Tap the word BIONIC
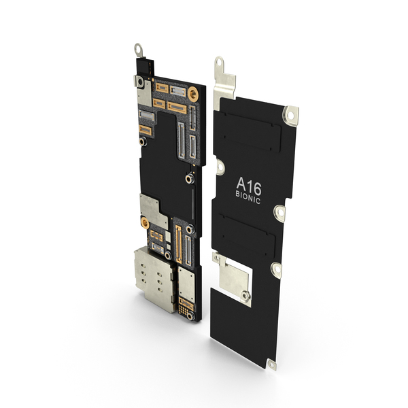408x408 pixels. pyautogui.click(x=248, y=197)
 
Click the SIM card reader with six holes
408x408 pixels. pyautogui.click(x=154, y=279)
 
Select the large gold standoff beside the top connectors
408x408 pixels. pyautogui.click(x=193, y=94)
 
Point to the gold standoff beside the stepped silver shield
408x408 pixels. pyautogui.click(x=145, y=223)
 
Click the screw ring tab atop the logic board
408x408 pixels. pyautogui.click(x=139, y=50)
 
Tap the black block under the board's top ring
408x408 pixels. pyautogui.click(x=145, y=67)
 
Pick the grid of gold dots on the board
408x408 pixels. pyautogui.click(x=184, y=310)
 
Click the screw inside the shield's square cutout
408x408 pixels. pyautogui.click(x=245, y=296)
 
